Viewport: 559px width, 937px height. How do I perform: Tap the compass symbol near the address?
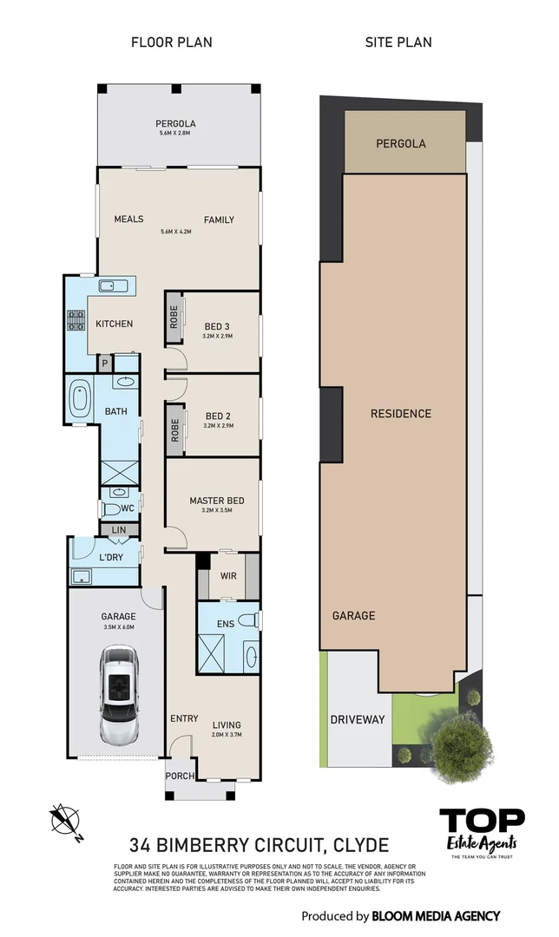click(x=65, y=821)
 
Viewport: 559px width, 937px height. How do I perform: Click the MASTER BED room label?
click(x=216, y=501)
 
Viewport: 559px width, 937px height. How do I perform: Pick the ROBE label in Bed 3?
click(x=174, y=319)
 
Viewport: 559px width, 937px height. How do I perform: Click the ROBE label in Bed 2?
click(x=174, y=431)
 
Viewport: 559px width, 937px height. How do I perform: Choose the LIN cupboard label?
click(x=119, y=529)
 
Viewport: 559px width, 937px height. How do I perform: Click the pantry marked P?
click(x=105, y=364)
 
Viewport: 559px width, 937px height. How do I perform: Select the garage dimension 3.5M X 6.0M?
click(x=120, y=626)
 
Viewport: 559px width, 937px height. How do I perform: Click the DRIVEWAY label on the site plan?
click(x=357, y=719)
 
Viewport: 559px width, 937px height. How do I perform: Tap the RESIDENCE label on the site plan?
click(x=400, y=414)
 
